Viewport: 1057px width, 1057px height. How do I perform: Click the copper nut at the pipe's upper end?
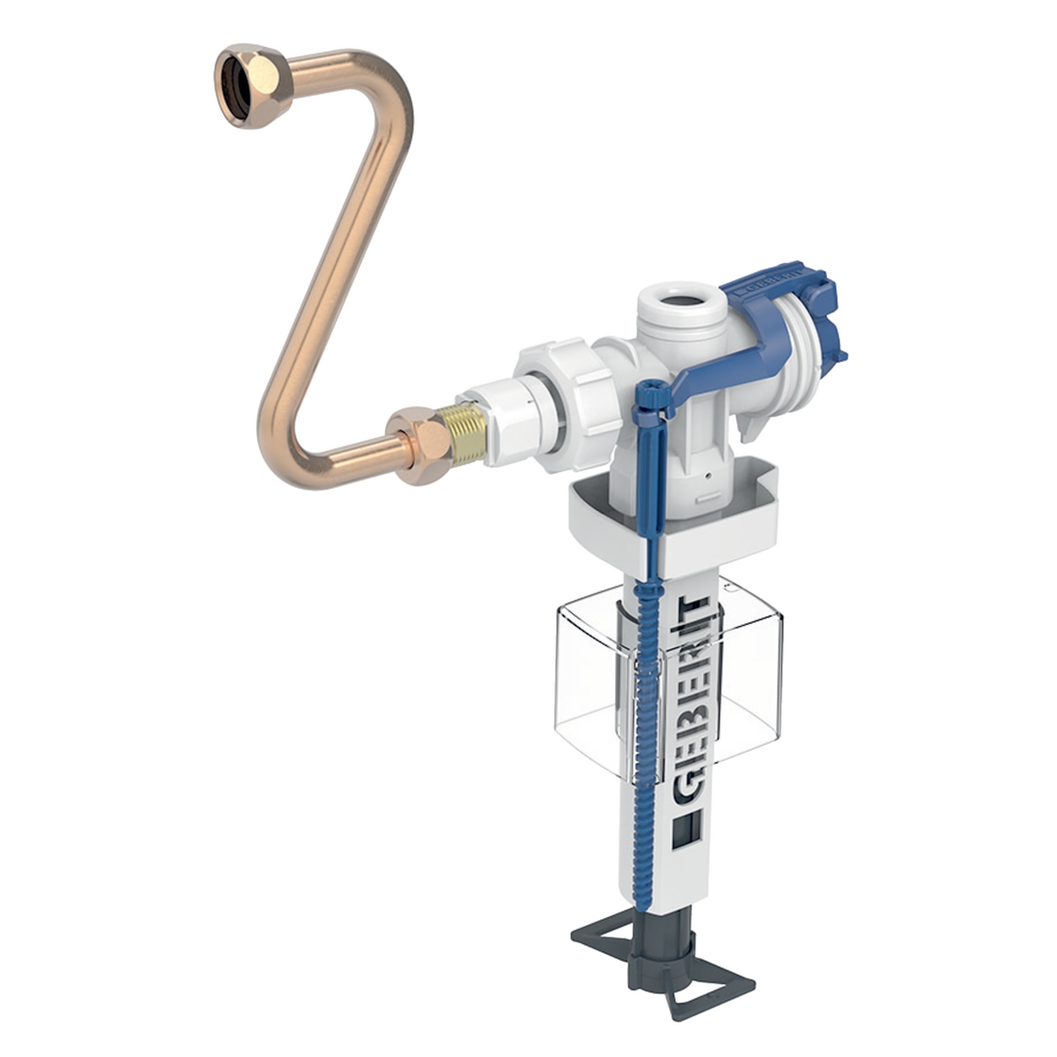pos(253,86)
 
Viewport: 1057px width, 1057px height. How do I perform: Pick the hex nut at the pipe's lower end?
pos(419,445)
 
